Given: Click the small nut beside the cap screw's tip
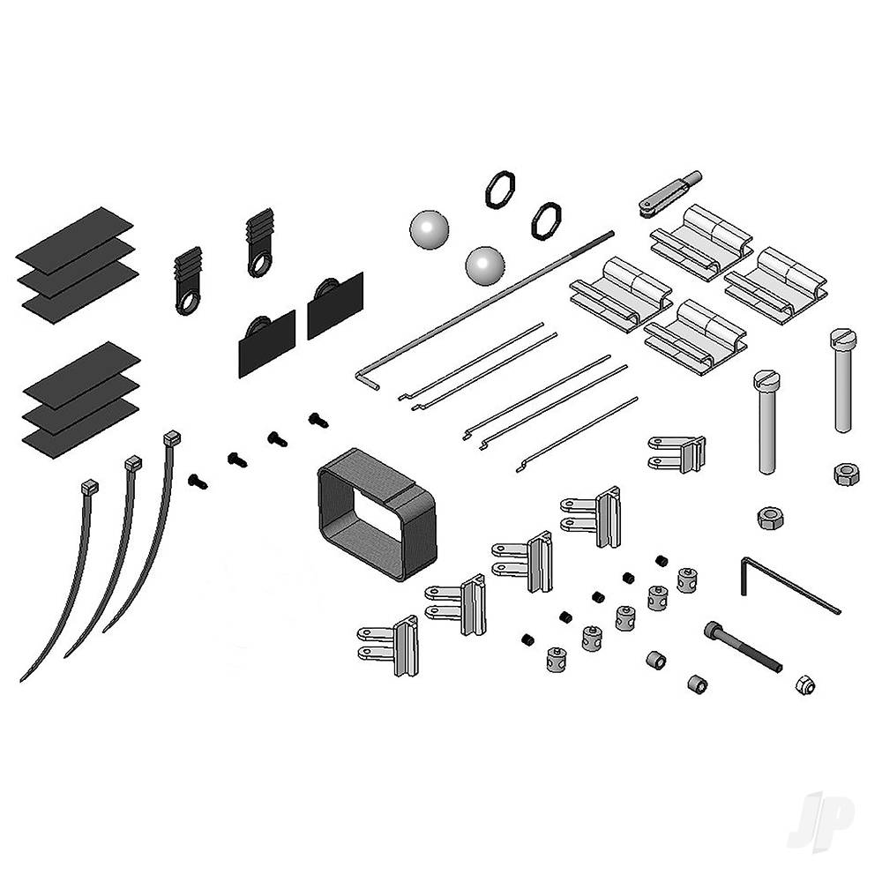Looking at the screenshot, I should pyautogui.click(x=804, y=684).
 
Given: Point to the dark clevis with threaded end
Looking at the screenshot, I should pyautogui.click(x=668, y=193).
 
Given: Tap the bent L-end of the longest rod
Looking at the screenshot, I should pyautogui.click(x=368, y=377).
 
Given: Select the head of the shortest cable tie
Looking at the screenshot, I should pyautogui.click(x=89, y=486).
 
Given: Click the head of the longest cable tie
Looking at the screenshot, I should pyautogui.click(x=171, y=437).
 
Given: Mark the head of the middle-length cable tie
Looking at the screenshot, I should pyautogui.click(x=132, y=462).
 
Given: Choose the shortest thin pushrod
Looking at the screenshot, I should pyautogui.click(x=578, y=433).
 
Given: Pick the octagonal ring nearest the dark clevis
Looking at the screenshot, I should pyautogui.click(x=546, y=220).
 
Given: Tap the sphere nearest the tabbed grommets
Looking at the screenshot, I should pyautogui.click(x=430, y=229).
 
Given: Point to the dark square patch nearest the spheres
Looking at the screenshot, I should pyautogui.click(x=336, y=304).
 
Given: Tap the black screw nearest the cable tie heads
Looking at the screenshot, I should pyautogui.click(x=198, y=481).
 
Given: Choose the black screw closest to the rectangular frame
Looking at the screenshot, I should pyautogui.click(x=318, y=420).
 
